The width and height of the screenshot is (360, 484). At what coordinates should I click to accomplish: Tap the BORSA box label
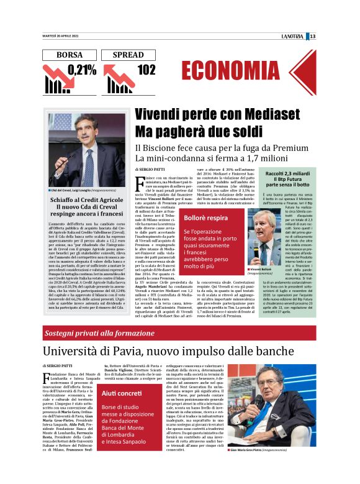pyautogui.click(x=69, y=55)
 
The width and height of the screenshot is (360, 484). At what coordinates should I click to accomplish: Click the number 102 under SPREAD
pyautogui.click(x=146, y=70)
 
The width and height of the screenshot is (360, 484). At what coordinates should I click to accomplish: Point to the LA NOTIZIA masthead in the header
pyautogui.click(x=292, y=36)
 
